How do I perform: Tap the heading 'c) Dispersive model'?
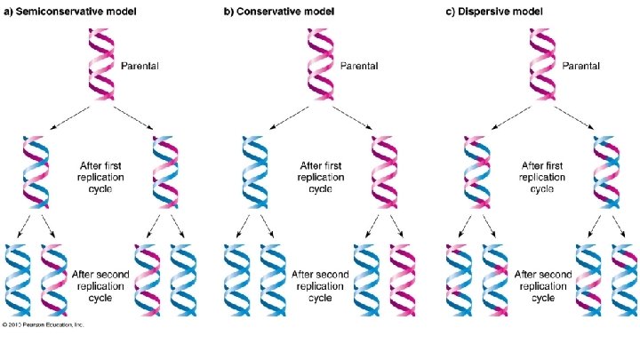tap(493, 11)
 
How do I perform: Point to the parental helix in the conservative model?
tap(321, 65)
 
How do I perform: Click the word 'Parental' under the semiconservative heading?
tap(140, 66)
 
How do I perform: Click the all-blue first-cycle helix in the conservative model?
tap(250, 173)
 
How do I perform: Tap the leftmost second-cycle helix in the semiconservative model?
tap(17, 280)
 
